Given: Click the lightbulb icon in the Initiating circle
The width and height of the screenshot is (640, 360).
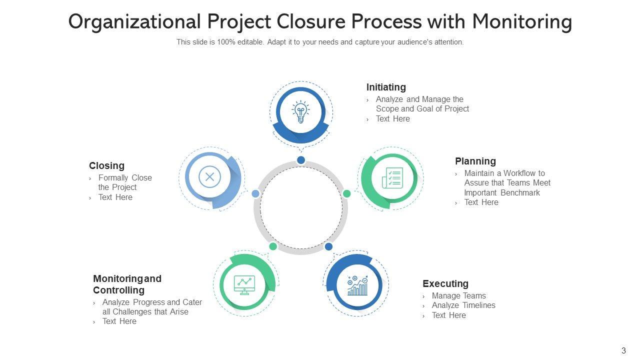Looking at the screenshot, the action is click(300, 112).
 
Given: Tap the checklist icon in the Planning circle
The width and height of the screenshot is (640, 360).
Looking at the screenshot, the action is click(392, 178).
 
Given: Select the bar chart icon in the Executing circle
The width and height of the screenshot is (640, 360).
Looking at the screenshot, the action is click(357, 285).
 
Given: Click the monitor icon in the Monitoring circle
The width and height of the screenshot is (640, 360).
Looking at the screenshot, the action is click(244, 285).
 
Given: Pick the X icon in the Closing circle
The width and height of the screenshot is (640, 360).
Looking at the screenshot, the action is click(209, 176).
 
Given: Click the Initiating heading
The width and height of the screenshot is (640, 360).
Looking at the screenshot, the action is click(386, 87).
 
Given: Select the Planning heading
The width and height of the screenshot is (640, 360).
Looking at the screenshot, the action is click(475, 161).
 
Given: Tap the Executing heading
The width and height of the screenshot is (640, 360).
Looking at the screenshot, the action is click(445, 283).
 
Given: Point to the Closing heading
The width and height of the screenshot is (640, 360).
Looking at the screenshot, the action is click(106, 165).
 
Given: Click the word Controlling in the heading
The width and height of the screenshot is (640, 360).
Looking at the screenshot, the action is click(118, 290).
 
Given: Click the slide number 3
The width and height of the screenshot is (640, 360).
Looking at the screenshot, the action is click(623, 350).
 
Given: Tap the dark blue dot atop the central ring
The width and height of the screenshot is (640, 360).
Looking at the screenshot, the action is click(301, 160).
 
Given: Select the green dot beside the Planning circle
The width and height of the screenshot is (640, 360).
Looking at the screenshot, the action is click(346, 193).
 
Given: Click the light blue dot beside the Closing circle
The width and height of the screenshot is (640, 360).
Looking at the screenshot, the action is click(255, 193).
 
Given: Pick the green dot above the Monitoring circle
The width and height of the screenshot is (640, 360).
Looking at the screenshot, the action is click(273, 246).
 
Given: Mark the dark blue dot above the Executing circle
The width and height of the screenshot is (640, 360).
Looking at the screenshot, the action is click(328, 246).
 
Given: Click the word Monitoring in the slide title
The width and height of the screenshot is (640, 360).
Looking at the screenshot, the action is click(521, 22).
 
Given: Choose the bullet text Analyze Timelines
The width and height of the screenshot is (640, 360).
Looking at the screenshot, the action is click(463, 305).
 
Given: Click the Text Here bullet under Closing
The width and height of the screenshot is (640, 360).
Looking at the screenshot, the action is click(115, 197).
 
